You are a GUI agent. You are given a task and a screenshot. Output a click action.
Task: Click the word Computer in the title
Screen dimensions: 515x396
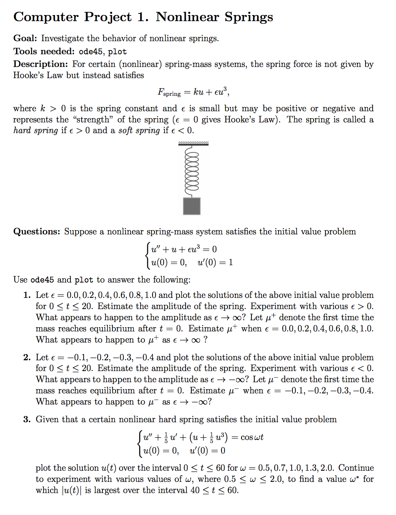click(x=46, y=17)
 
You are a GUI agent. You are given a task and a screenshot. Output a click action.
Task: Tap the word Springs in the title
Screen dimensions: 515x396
click(x=249, y=17)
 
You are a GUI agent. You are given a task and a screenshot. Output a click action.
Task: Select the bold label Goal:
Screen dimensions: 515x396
click(x=25, y=38)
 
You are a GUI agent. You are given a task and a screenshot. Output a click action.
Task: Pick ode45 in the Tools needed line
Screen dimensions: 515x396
click(x=91, y=52)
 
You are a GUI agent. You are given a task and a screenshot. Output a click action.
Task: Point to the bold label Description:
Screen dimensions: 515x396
click(x=40, y=64)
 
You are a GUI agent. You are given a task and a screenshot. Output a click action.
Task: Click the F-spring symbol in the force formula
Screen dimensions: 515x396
click(x=169, y=92)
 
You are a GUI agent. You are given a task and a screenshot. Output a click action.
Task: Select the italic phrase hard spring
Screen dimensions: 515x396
click(x=35, y=130)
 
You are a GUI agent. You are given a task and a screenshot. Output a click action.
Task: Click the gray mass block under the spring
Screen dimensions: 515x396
click(x=191, y=206)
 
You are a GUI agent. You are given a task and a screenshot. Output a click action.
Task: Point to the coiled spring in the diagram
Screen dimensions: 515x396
click(x=192, y=171)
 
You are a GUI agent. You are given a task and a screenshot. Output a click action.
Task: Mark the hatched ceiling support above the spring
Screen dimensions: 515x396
click(x=193, y=144)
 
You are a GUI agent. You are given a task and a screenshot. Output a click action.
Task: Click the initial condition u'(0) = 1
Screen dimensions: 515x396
click(x=215, y=263)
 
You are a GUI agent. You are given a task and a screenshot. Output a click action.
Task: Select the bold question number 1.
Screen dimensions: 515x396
click(x=27, y=295)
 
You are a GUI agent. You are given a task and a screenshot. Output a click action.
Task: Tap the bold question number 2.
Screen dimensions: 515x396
click(x=27, y=357)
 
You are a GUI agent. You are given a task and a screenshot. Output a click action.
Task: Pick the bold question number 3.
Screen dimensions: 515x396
click(x=27, y=419)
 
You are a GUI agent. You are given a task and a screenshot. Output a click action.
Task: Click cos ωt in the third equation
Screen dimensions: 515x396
click(x=252, y=437)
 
